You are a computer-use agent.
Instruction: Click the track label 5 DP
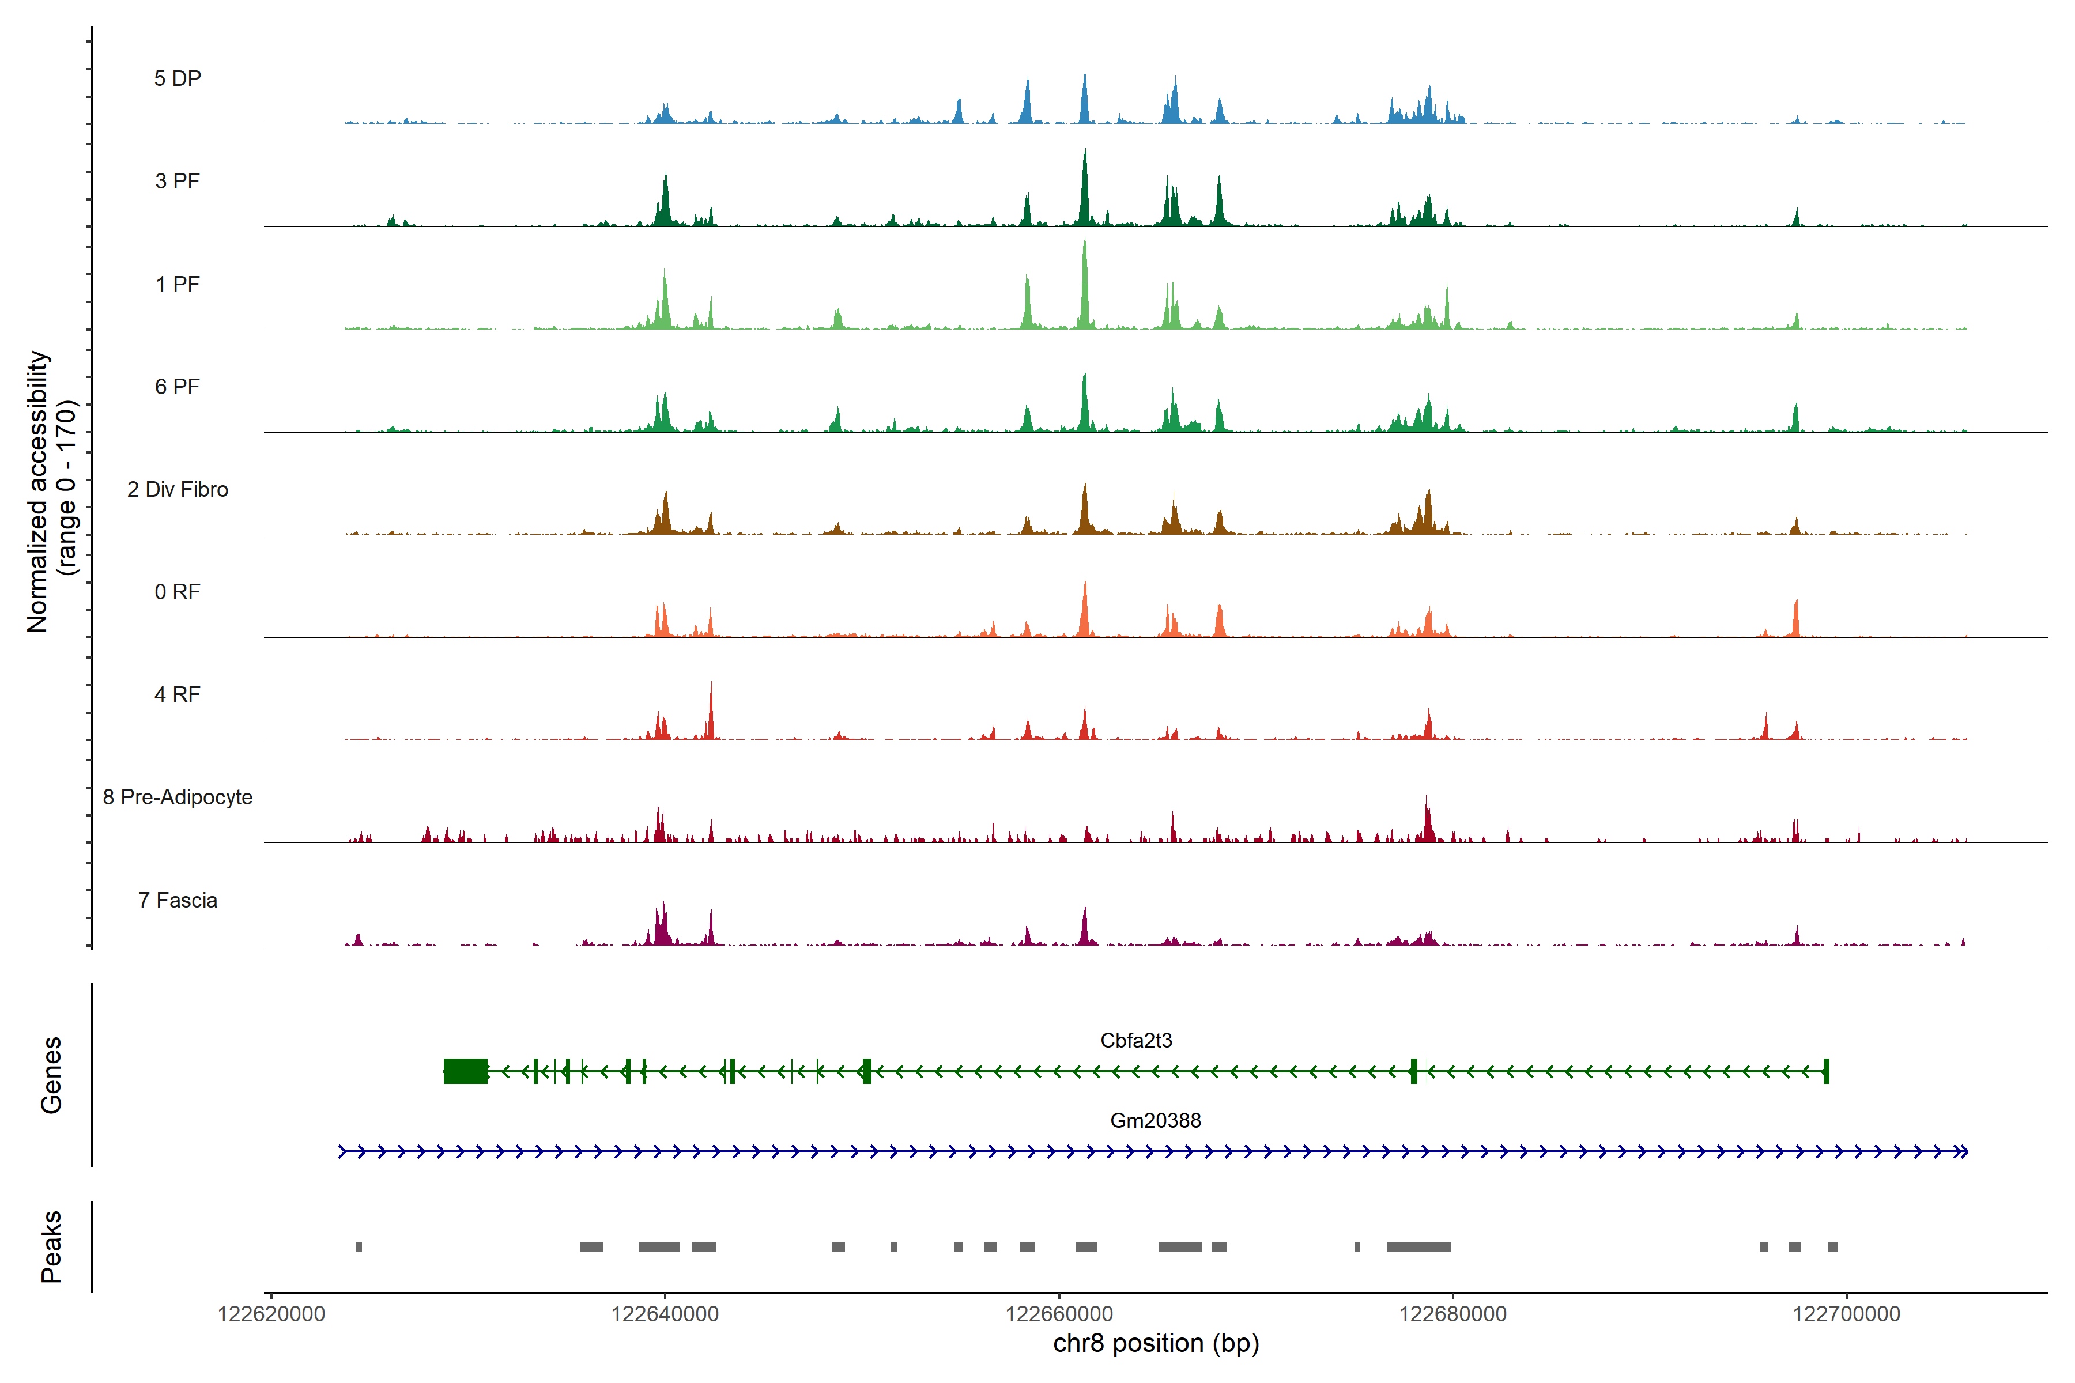(178, 78)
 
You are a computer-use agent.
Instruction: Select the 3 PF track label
(178, 181)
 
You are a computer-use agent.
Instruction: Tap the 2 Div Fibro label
(178, 489)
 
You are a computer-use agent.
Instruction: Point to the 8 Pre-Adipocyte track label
(178, 798)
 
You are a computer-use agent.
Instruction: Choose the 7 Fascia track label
(178, 901)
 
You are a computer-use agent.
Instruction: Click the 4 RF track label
(178, 695)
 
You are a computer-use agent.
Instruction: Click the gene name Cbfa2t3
(1135, 1041)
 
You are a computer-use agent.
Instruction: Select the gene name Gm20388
(1155, 1121)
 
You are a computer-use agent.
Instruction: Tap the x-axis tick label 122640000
(665, 1314)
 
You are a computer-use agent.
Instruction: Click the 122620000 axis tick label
(271, 1314)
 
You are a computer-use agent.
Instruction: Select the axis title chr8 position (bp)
(1156, 1343)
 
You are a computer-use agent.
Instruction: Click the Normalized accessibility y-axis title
(51, 492)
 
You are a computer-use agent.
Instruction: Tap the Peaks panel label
(51, 1246)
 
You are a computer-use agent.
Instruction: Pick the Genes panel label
(51, 1075)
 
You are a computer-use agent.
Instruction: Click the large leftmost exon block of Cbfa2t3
(465, 1071)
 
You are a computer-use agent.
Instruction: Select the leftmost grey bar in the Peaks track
(358, 1247)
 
